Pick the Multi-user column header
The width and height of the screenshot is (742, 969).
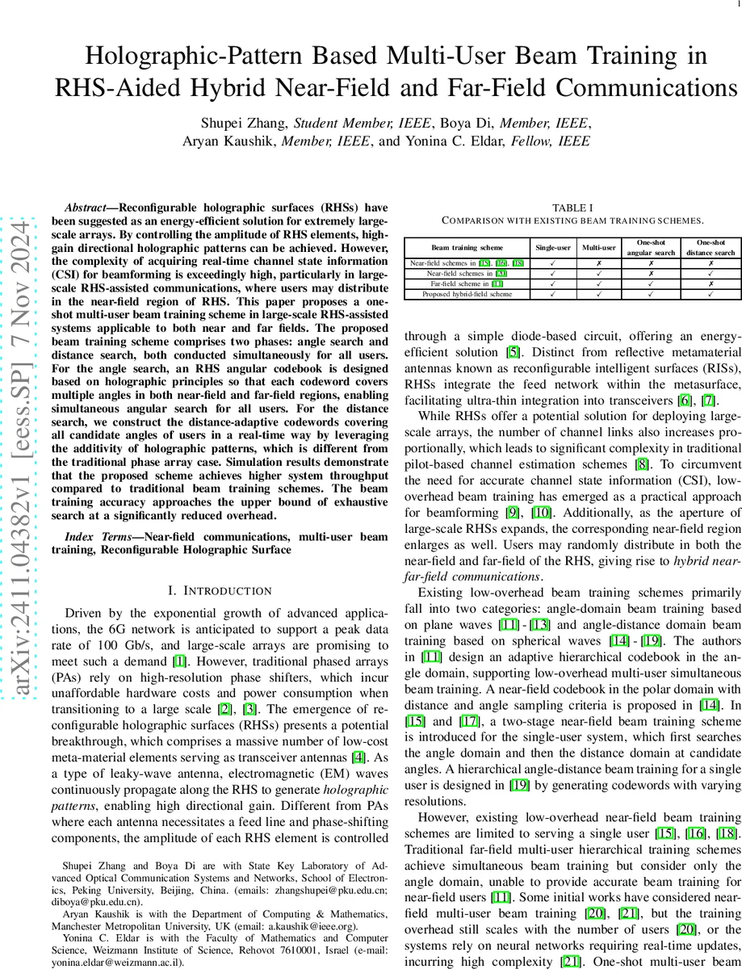click(x=598, y=247)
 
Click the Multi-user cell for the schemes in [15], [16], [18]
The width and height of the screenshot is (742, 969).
click(x=598, y=263)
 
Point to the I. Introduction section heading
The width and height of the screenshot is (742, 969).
click(x=219, y=591)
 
